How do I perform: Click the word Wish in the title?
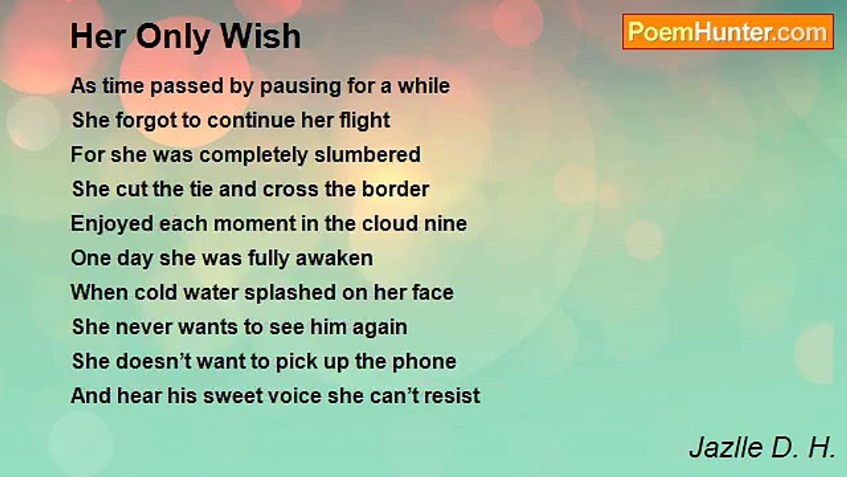261,36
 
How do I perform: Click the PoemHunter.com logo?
728,32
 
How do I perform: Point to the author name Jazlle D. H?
762,447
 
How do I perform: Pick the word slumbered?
367,154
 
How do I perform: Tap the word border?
395,189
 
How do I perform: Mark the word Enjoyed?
112,224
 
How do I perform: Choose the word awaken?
334,258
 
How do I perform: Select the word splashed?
290,293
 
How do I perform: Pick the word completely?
253,155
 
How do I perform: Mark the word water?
210,293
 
